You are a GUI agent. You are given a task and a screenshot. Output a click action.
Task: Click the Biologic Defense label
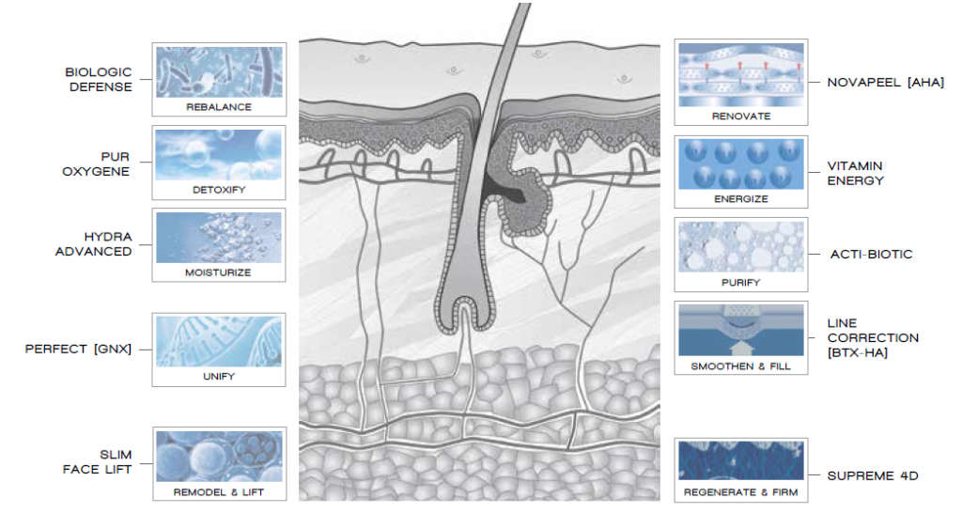(98, 80)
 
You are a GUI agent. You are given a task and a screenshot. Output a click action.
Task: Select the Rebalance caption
(219, 107)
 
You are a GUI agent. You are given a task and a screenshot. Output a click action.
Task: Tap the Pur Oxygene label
(97, 163)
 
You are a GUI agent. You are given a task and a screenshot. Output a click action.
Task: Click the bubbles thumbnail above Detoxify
(219, 155)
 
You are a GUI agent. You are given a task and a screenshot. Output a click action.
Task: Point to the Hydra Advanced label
(94, 244)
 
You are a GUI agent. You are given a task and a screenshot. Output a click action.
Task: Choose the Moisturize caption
(218, 272)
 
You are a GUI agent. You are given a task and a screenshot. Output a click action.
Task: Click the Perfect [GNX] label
(78, 350)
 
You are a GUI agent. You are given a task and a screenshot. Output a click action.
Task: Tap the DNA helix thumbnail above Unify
(219, 341)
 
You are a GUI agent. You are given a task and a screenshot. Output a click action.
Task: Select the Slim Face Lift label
(98, 462)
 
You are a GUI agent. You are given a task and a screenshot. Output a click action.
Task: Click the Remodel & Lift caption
(218, 492)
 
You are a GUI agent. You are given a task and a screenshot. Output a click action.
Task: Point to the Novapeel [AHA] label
(885, 83)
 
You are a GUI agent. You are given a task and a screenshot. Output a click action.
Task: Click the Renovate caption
(741, 116)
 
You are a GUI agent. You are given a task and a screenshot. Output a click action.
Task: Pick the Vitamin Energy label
(856, 173)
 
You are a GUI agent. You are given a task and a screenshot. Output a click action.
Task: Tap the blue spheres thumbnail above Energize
(741, 163)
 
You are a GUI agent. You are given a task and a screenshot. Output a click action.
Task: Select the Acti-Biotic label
(871, 254)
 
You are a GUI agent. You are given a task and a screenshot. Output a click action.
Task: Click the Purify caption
(740, 283)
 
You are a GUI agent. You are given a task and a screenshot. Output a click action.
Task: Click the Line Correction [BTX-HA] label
(873, 338)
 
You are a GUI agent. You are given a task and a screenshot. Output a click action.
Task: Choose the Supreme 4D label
(873, 475)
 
